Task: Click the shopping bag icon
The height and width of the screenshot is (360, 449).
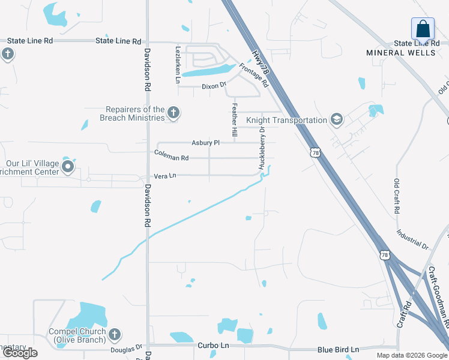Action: (x=423, y=29)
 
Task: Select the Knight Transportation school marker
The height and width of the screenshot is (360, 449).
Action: (x=336, y=120)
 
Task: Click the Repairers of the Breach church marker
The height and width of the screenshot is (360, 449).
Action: (x=173, y=112)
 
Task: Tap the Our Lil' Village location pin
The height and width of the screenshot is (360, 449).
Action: (x=68, y=167)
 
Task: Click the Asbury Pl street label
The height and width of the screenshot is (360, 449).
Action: (x=206, y=143)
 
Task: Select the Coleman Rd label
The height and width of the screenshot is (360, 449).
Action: (x=171, y=158)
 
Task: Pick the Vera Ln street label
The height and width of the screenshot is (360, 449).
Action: (x=165, y=176)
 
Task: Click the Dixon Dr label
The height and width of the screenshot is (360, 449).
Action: (x=214, y=86)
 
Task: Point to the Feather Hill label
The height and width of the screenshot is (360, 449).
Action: (x=235, y=119)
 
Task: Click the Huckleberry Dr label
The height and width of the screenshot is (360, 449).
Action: (x=262, y=147)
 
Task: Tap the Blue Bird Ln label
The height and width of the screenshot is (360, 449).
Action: (x=338, y=350)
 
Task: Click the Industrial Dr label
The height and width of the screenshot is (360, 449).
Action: (x=413, y=239)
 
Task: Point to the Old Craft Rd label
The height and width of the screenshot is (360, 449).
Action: (x=397, y=196)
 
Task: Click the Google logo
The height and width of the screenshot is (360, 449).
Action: (x=20, y=352)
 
